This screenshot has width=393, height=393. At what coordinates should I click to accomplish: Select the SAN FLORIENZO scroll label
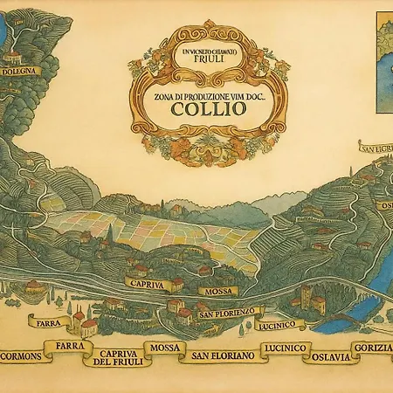pos(225,312)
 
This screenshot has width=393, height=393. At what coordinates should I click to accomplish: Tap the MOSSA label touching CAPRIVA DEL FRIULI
pos(164,348)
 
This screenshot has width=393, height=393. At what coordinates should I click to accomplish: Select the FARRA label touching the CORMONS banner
pos(68,347)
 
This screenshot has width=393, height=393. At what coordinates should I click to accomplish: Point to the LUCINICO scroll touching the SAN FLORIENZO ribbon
pos(280,324)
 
